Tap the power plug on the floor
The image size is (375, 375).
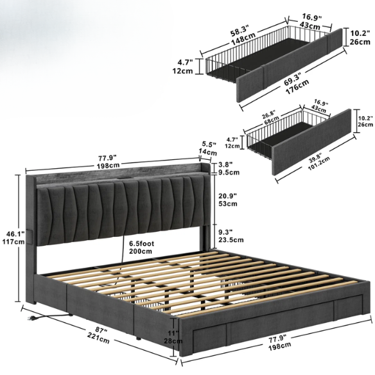pyautogui.click(x=31, y=318)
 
